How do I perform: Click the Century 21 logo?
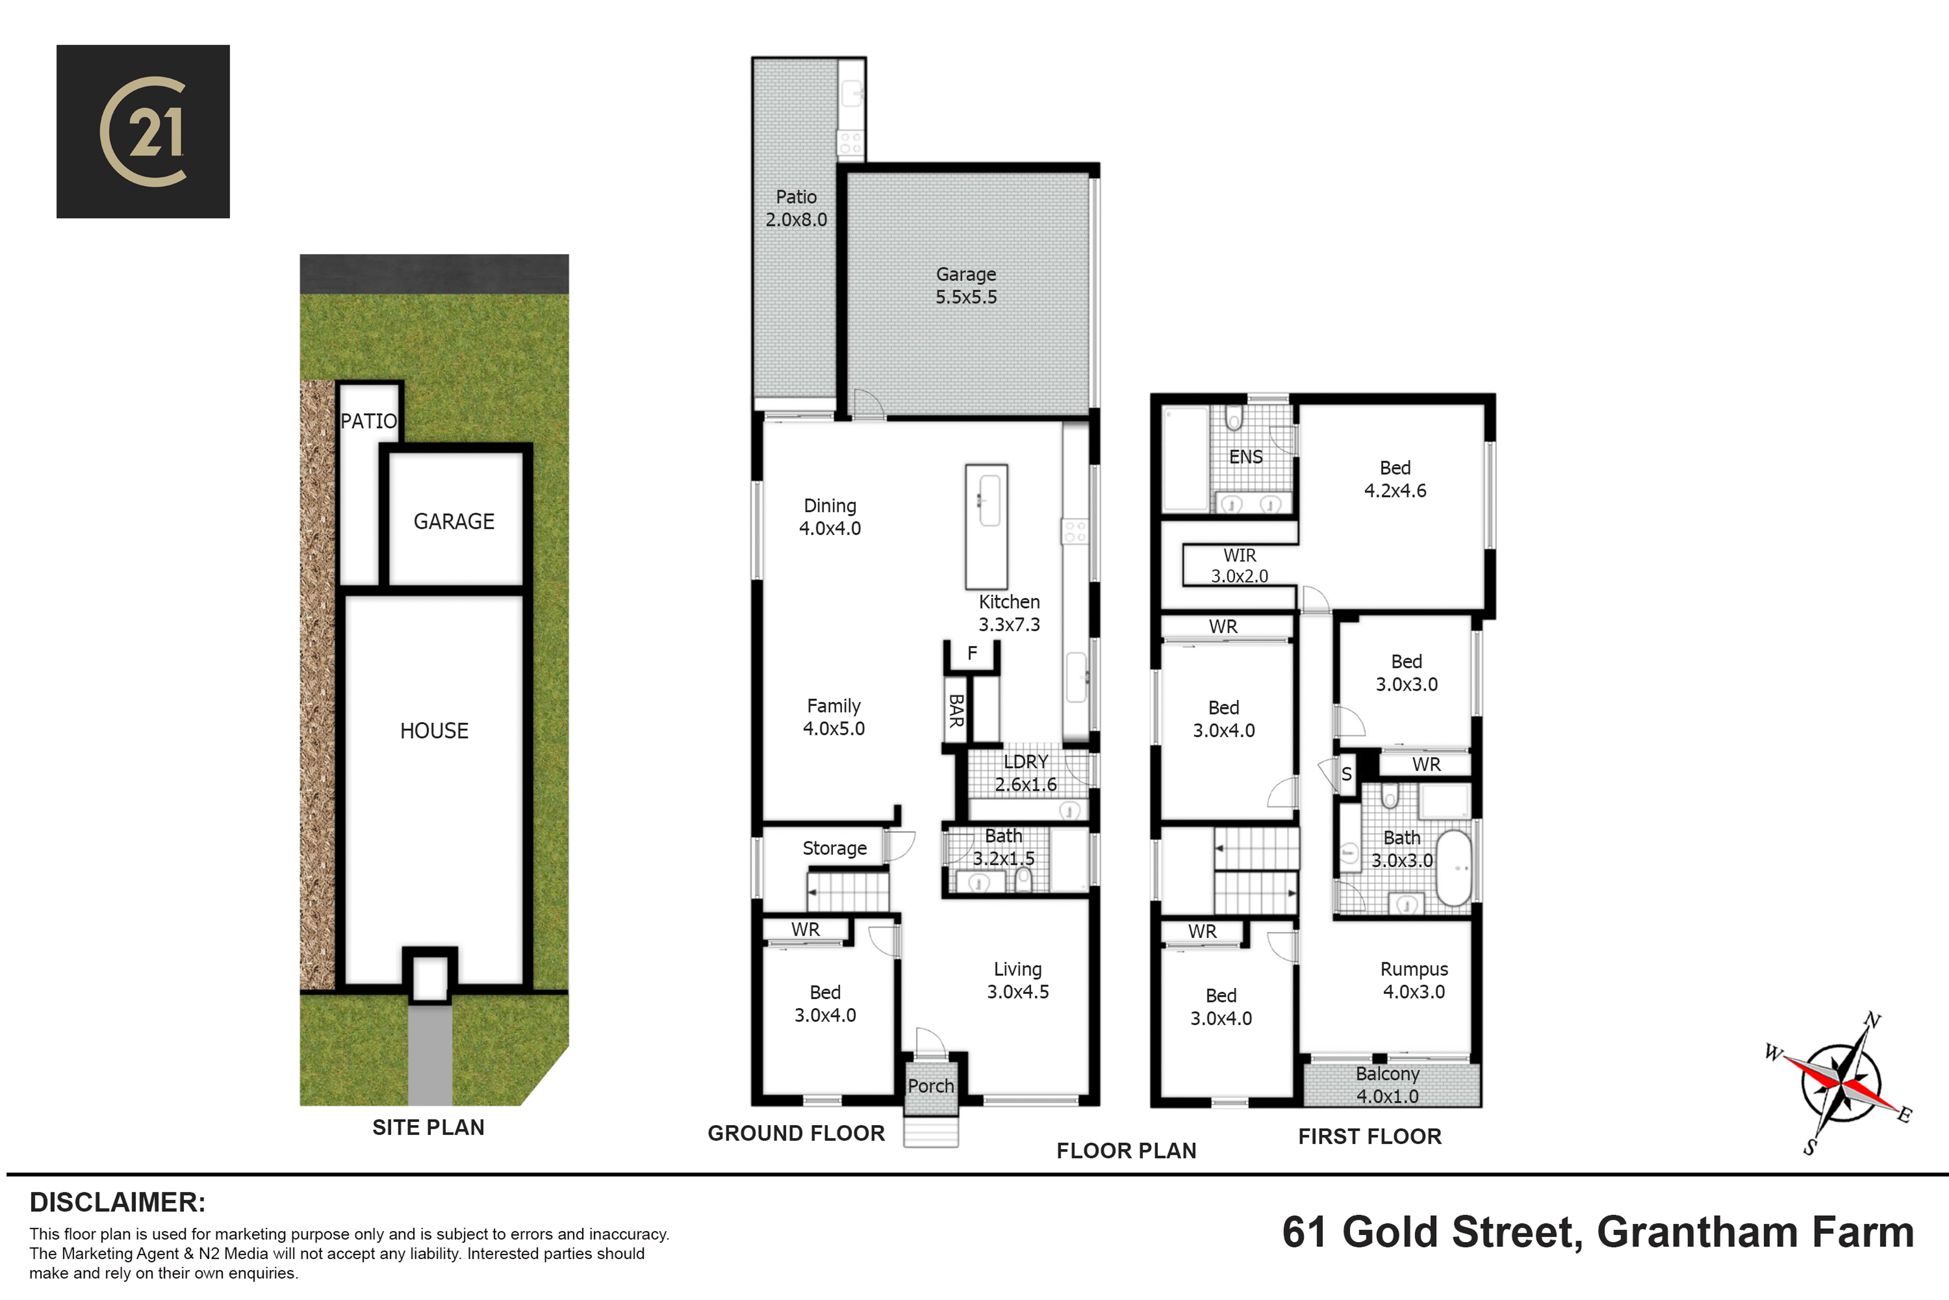click(143, 131)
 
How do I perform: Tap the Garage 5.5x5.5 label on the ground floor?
click(966, 285)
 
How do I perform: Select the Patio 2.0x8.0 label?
click(796, 208)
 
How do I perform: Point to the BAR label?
click(956, 711)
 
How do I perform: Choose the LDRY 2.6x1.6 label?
click(1026, 773)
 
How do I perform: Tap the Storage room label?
click(835, 848)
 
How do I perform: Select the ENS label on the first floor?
click(1245, 457)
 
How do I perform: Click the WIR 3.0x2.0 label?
click(1240, 565)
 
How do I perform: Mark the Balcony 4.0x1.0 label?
click(1388, 1085)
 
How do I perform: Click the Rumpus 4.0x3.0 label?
click(1414, 980)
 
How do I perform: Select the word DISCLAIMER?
click(117, 1202)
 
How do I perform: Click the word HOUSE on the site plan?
click(434, 730)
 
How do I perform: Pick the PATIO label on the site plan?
click(369, 421)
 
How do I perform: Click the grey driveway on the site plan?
click(430, 1055)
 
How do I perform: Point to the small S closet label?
click(1347, 775)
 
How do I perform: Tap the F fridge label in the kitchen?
click(972, 653)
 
